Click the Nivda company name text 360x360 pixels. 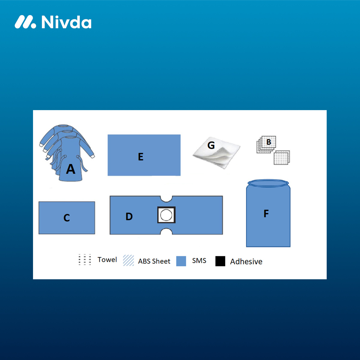click(66, 22)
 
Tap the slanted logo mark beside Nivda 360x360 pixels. click(25, 22)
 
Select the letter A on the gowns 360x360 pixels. click(70, 169)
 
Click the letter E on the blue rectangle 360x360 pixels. click(141, 157)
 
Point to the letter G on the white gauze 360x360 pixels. click(211, 145)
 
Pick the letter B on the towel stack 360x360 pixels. click(268, 142)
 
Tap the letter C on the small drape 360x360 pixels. click(67, 217)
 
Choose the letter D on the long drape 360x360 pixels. click(129, 217)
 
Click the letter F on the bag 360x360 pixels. click(266, 213)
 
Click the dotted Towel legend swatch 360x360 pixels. click(85, 259)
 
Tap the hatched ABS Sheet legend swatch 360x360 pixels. click(128, 260)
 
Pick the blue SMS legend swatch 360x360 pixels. click(181, 261)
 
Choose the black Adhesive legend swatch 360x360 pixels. click(220, 261)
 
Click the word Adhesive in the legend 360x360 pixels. click(246, 262)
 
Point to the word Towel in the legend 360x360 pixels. click(107, 259)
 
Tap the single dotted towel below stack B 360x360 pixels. click(282, 157)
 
